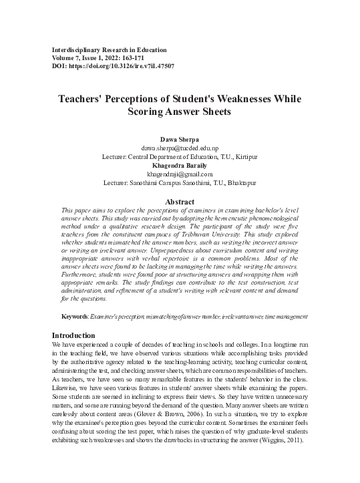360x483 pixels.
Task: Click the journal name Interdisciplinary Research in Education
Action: [109, 50]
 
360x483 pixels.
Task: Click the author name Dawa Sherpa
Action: [179, 139]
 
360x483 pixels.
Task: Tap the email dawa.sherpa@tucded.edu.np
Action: [179, 148]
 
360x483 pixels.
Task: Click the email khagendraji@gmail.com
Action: [179, 174]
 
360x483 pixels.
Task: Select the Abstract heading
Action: [179, 202]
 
